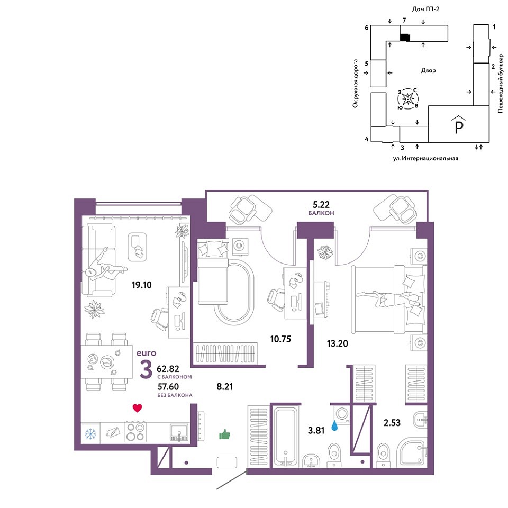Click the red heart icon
(x=138, y=408)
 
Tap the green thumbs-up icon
(x=224, y=434)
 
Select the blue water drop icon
(x=334, y=425)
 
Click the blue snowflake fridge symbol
(x=90, y=433)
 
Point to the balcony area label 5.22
(x=321, y=204)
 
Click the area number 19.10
(x=142, y=285)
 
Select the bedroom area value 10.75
(x=280, y=339)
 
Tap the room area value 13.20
(x=337, y=343)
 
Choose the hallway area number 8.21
(x=224, y=386)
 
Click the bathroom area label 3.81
(x=316, y=430)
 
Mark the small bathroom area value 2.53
(x=392, y=422)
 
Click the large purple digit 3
(x=146, y=370)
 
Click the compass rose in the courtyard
(x=408, y=98)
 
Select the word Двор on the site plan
(x=428, y=70)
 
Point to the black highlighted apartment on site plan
(x=405, y=37)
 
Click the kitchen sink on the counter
(x=179, y=433)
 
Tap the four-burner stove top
(x=135, y=432)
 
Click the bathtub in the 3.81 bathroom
(x=285, y=436)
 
